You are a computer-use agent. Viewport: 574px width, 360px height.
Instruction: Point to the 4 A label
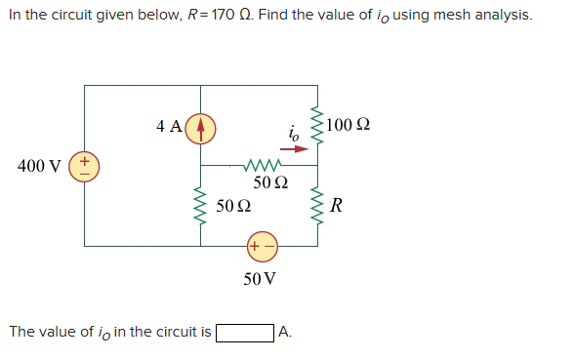pyautogui.click(x=168, y=126)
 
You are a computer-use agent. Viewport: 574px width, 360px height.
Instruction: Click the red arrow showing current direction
pyautogui.click(x=302, y=147)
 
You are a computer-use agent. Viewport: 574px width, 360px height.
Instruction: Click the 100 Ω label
pyautogui.click(x=348, y=126)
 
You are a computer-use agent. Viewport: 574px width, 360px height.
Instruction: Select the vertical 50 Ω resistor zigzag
pyautogui.click(x=201, y=206)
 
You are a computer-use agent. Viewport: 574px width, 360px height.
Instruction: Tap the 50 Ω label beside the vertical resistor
pyautogui.click(x=232, y=207)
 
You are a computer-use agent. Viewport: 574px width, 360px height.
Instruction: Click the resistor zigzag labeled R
pyautogui.click(x=316, y=206)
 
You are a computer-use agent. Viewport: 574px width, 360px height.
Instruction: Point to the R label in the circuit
pyautogui.click(x=337, y=206)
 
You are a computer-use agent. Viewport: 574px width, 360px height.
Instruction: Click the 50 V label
pyautogui.click(x=260, y=279)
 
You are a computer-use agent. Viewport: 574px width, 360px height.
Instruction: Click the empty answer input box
pyautogui.click(x=244, y=333)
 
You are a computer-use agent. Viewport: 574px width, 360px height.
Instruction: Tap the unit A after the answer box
pyautogui.click(x=284, y=333)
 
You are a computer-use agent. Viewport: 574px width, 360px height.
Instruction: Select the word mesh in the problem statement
pyautogui.click(x=436, y=16)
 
